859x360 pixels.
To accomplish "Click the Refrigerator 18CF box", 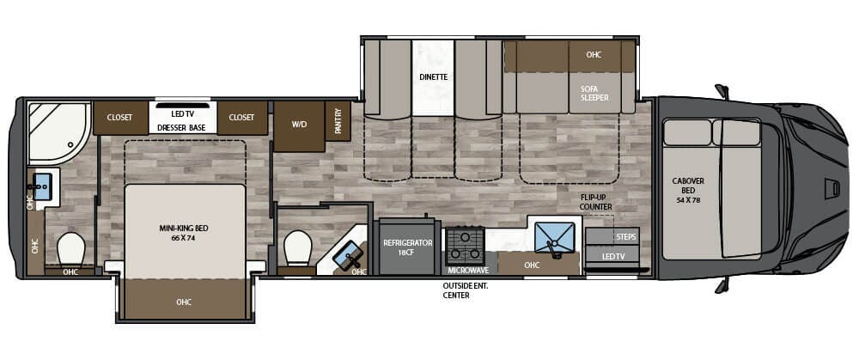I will pyautogui.click(x=407, y=248).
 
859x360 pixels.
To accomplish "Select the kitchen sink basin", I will pyautogui.click(x=555, y=236).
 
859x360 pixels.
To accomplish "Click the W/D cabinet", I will pyautogui.click(x=299, y=124).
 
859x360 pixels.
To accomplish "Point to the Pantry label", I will pyautogui.click(x=338, y=120).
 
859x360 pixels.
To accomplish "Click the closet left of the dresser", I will pyautogui.click(x=119, y=118).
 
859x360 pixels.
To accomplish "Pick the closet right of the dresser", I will pyautogui.click(x=242, y=118).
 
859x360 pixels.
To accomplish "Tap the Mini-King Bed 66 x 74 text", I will pyautogui.click(x=184, y=233).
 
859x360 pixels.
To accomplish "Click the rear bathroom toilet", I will pyautogui.click(x=71, y=248).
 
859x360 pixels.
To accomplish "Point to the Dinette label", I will pyautogui.click(x=434, y=76).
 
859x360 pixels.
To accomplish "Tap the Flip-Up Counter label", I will pyautogui.click(x=595, y=202).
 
